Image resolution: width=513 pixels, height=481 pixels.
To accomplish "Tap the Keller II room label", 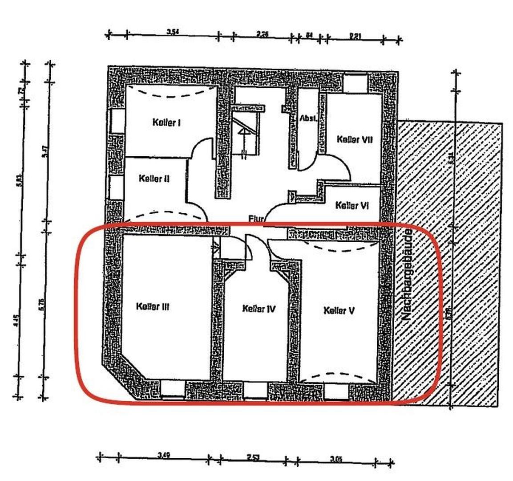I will (153, 179).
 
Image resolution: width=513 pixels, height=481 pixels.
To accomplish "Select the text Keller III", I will (153, 306).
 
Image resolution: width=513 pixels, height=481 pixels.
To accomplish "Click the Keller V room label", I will (339, 310).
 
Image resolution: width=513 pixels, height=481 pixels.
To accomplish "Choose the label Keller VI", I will (352, 205).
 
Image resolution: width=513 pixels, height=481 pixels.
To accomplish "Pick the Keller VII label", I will (354, 139).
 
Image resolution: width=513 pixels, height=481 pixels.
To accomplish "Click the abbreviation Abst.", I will (308, 119).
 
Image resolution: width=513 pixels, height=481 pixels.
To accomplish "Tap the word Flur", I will (257, 218).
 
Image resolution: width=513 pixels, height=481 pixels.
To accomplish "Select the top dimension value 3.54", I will (173, 32).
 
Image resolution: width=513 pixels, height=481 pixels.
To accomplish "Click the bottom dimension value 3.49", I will (164, 456).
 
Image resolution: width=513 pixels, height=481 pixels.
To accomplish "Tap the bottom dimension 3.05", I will (335, 459).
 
